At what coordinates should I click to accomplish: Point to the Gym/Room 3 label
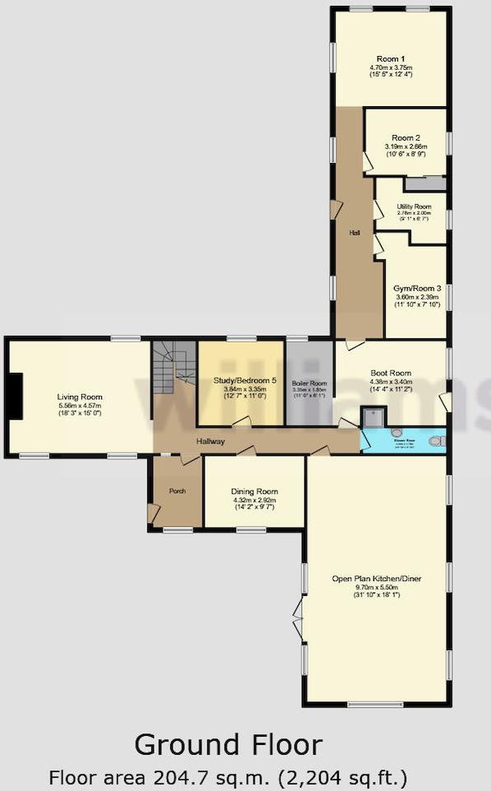[x=417, y=288]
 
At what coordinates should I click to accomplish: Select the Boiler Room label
[x=309, y=384]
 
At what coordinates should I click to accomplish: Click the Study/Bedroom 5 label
[x=240, y=380]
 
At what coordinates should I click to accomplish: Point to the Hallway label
[x=211, y=442]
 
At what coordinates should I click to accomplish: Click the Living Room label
[x=80, y=397]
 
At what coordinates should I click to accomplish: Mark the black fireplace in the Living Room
[x=14, y=397]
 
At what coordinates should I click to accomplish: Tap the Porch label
[x=177, y=491]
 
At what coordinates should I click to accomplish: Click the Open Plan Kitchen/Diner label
[x=377, y=578]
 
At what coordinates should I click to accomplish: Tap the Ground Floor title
[x=228, y=745]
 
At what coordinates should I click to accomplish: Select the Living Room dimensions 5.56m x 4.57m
[x=80, y=406]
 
